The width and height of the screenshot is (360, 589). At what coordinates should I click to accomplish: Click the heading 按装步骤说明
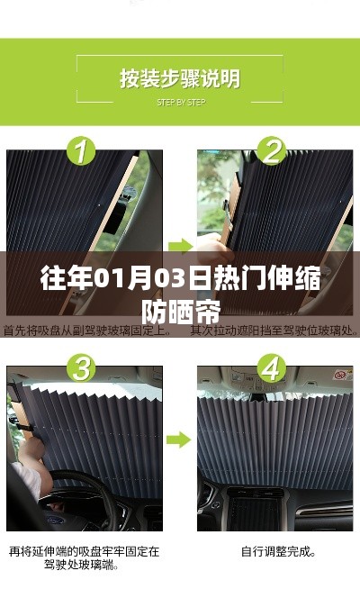coord(180,78)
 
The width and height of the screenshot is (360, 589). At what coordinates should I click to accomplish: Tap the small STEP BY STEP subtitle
coord(180,102)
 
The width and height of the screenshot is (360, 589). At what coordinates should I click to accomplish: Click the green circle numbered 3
coord(83,368)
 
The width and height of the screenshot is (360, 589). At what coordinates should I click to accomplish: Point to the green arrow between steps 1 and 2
coord(180,245)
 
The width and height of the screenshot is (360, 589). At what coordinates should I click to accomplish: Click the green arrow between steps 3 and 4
coord(180,439)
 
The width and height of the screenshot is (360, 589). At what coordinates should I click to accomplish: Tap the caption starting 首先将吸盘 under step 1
coord(86,331)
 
